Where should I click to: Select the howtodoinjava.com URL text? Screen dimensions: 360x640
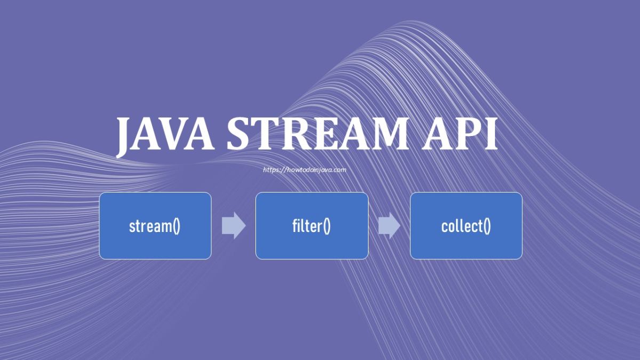point(305,170)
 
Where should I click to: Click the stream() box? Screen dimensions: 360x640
point(155,226)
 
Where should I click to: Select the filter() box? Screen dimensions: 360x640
point(311,226)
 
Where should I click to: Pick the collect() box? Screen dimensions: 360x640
point(466,226)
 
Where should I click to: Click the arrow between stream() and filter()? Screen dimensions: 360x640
point(234,226)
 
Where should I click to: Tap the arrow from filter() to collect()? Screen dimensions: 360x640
point(389,226)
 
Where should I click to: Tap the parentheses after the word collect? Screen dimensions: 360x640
point(486,226)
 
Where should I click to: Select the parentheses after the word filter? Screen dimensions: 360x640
point(326,226)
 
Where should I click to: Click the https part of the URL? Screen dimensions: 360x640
point(272,170)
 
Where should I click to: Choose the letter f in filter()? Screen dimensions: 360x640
point(295,226)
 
